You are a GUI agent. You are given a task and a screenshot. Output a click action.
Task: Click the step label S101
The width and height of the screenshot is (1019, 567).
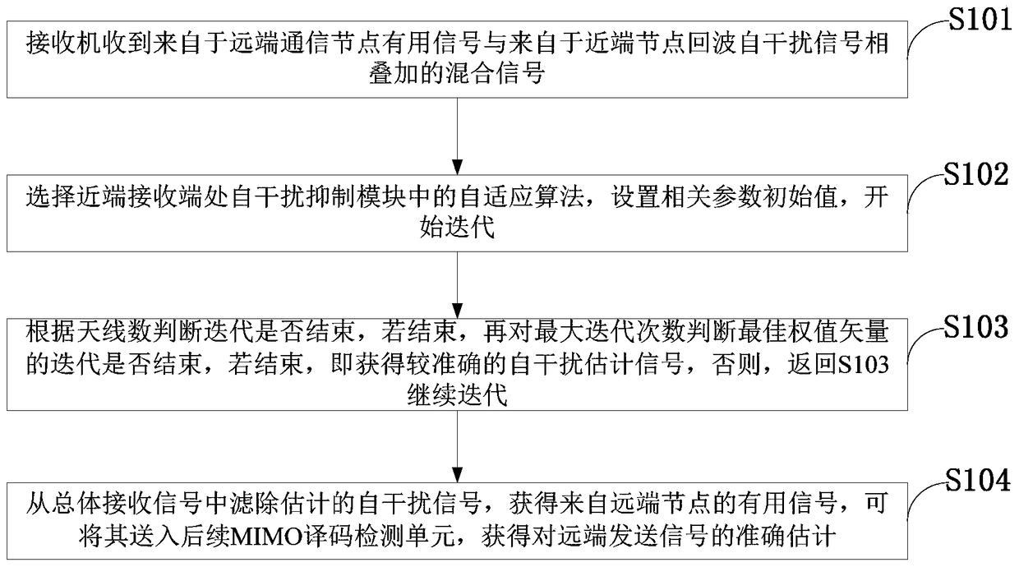click(x=979, y=18)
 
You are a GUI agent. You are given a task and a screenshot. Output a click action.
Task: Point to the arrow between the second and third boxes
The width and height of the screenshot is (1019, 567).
click(x=457, y=281)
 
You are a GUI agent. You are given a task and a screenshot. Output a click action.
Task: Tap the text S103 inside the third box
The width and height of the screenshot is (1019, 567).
click(x=861, y=366)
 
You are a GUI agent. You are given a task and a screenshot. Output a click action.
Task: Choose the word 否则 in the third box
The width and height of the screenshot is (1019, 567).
click(x=741, y=366)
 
